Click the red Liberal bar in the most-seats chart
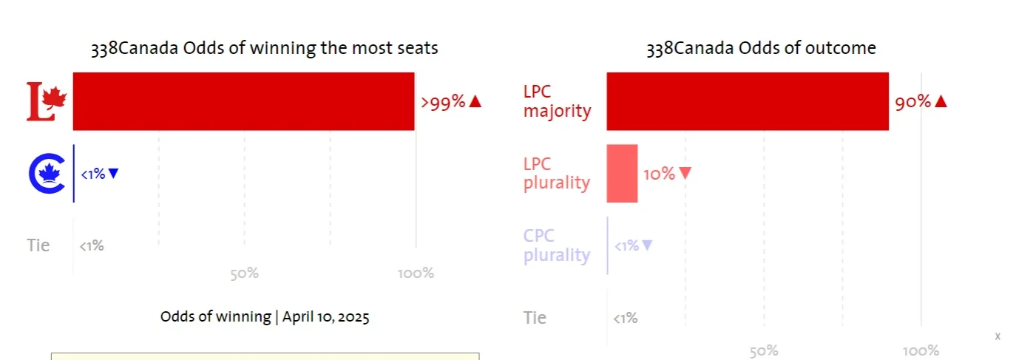243,101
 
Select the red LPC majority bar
747,101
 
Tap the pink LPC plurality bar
622,174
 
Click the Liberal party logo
47,102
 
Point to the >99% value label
443,102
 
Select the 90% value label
912,102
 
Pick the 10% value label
659,174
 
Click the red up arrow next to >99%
475,102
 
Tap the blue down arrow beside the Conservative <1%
113,174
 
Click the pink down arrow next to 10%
685,174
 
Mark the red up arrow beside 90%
941,102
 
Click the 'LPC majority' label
557,102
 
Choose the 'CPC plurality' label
557,246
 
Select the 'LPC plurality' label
557,174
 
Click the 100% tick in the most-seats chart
416,274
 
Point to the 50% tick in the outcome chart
763,351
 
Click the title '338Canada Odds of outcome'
761,49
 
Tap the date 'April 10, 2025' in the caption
326,317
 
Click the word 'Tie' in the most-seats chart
38,245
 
